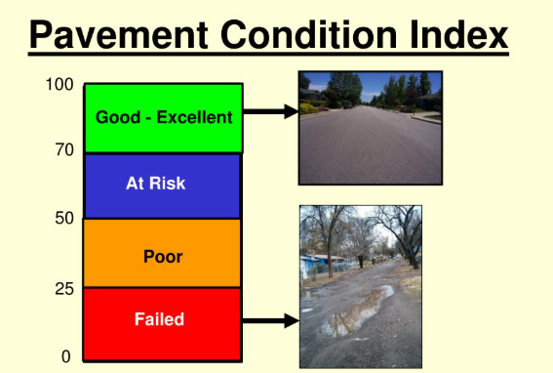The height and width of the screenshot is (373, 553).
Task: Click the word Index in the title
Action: [x=460, y=36]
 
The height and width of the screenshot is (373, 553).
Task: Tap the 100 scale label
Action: [x=59, y=86]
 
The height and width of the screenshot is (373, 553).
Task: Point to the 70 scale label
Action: [x=63, y=150]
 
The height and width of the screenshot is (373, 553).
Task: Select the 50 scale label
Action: [x=63, y=218]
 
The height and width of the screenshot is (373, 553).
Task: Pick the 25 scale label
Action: [x=63, y=289]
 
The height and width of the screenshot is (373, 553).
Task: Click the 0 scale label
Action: [x=66, y=356]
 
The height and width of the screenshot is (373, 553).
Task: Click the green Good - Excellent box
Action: [x=163, y=118]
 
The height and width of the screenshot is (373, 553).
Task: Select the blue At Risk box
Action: [x=162, y=186]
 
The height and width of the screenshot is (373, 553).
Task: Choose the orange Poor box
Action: [x=162, y=254]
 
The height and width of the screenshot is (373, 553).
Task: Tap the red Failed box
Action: [x=162, y=323]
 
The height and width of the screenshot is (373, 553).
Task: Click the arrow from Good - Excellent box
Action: [x=269, y=112]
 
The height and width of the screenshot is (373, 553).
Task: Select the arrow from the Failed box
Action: [x=269, y=320]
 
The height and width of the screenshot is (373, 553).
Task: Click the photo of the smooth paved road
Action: [x=370, y=128]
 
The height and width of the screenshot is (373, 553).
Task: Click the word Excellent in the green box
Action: [x=199, y=118]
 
